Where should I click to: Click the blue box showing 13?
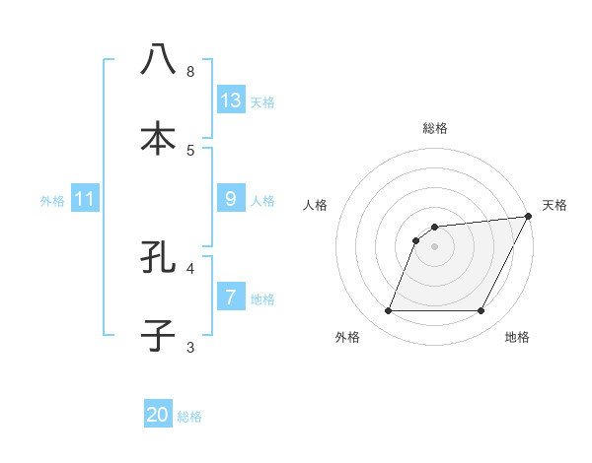coord(231,100)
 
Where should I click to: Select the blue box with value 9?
coord(231,199)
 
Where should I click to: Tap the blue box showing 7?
coord(231,298)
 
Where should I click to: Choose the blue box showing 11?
coord(85,199)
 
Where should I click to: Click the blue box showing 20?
coord(158,415)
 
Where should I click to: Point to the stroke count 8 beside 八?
coord(190,71)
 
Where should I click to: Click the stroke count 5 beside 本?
coord(190,150)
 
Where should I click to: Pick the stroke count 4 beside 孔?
coord(190,267)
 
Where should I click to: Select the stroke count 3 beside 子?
coord(190,347)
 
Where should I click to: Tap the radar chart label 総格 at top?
coord(435,128)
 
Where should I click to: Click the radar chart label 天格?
coord(555,205)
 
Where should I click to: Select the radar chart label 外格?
coord(347,337)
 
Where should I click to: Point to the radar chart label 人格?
coord(316,205)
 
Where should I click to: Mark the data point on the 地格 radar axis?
coord(481,311)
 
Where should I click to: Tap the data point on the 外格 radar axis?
coord(388,311)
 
